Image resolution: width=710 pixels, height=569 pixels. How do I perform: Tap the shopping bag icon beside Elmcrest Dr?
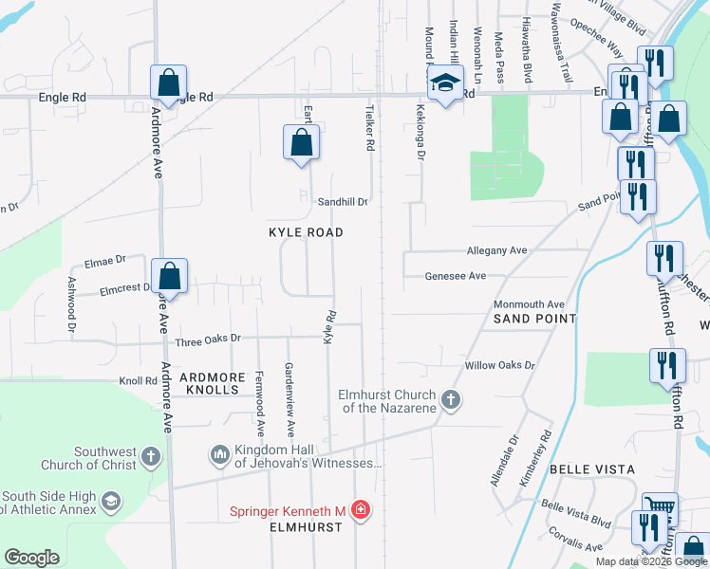click(x=169, y=276)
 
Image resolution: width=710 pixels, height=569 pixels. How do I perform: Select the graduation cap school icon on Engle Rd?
click(x=444, y=83)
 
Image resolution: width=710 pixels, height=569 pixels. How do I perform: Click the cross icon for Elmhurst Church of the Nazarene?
click(x=452, y=400)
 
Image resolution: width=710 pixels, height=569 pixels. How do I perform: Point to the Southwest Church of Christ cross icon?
click(x=150, y=458)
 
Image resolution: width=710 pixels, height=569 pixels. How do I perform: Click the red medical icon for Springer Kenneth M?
click(x=360, y=511)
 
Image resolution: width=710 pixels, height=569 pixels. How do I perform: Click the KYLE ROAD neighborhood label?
click(x=305, y=232)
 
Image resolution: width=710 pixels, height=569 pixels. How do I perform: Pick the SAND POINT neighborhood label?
click(x=534, y=319)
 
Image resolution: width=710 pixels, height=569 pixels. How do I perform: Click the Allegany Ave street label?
click(x=496, y=250)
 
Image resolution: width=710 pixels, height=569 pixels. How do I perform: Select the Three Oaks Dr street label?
click(x=209, y=338)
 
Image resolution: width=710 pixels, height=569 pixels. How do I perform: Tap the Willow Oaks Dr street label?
click(x=499, y=365)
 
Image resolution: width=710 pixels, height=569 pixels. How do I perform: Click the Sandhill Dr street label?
click(x=342, y=201)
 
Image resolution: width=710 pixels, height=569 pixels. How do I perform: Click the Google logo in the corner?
click(x=31, y=558)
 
